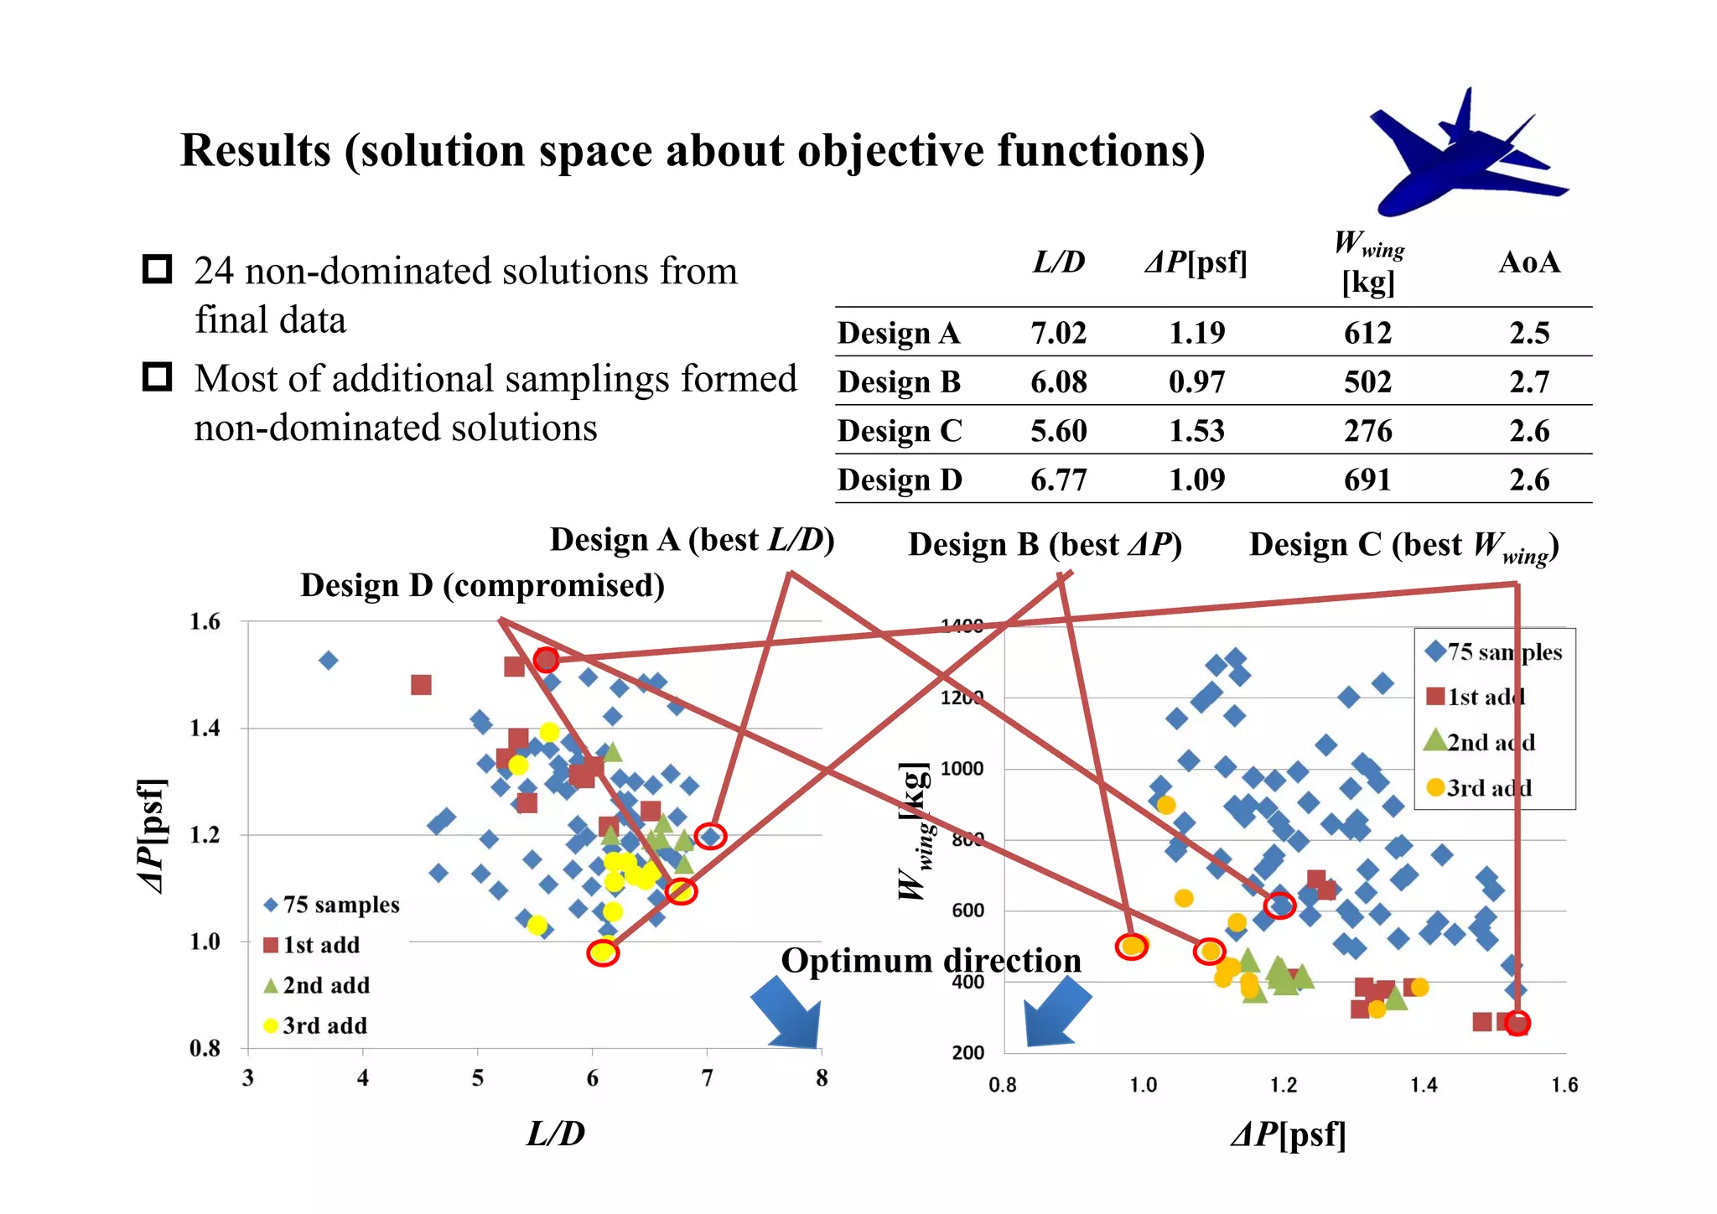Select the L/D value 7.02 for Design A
click(1058, 333)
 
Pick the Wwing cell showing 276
click(1367, 431)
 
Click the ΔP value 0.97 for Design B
click(1196, 382)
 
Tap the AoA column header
click(1528, 263)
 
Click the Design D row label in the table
click(900, 480)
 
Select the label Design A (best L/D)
click(692, 540)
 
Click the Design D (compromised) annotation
click(482, 585)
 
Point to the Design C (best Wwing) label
click(1403, 545)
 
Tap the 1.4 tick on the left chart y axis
click(205, 729)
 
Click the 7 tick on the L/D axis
click(707, 1078)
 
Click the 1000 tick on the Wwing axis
click(962, 769)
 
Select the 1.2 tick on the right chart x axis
click(1283, 1086)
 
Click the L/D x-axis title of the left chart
click(556, 1134)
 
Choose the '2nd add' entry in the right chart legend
click(1490, 743)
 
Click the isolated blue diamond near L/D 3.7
click(329, 661)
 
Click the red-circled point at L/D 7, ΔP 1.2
click(710, 836)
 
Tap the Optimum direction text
click(931, 961)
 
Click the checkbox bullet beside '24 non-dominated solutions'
click(158, 270)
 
